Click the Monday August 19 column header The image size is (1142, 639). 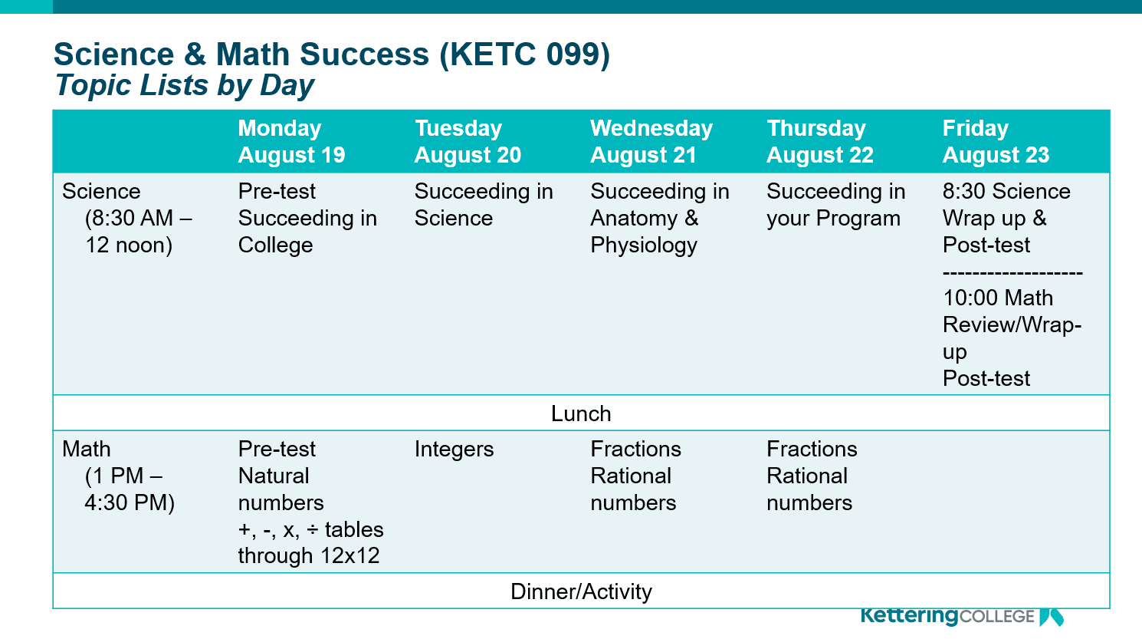point(291,142)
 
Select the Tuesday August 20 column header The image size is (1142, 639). point(468,142)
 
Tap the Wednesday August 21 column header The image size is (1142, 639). point(651,142)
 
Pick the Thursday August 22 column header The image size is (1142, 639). point(819,142)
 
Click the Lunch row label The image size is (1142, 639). point(581,413)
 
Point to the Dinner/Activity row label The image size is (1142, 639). point(581,591)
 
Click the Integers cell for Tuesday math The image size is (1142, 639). point(454,450)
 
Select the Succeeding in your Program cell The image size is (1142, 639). point(835,205)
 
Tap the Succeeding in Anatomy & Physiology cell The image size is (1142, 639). point(659,219)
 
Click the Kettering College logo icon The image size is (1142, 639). point(1051,617)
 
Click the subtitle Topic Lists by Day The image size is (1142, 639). point(185,85)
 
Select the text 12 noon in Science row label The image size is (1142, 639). point(129,245)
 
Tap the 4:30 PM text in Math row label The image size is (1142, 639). point(130,503)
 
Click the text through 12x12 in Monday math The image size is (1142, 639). point(309,556)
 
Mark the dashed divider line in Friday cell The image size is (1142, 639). point(1012,272)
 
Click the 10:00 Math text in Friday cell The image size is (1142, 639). point(997,298)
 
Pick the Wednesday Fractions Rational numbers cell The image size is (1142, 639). point(635,476)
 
